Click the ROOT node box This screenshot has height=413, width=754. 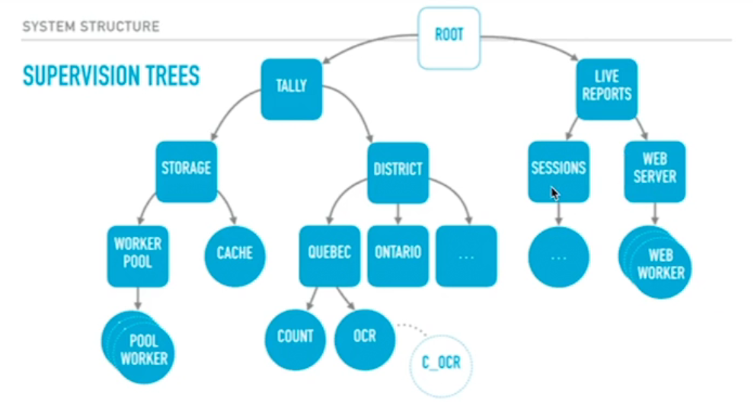point(449,35)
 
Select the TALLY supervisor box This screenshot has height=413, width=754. point(291,87)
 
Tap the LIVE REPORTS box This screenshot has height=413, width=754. point(607,86)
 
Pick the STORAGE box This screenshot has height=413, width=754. point(187,168)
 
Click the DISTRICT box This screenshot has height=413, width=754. point(398,170)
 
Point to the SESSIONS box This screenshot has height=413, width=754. point(558,169)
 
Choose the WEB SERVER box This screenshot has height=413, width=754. point(655,169)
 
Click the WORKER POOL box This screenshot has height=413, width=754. point(138,254)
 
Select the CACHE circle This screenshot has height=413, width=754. point(235,254)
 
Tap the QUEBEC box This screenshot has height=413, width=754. point(330,254)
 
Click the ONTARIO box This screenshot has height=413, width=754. point(398,254)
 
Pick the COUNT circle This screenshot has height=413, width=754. point(296,336)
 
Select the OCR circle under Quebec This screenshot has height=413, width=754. point(365,336)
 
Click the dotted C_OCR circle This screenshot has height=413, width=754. point(442,362)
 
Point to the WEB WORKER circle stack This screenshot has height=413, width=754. point(658,264)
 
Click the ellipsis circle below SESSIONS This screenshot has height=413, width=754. point(558,257)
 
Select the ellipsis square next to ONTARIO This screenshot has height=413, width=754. point(466,255)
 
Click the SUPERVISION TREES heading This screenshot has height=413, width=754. point(111,75)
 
